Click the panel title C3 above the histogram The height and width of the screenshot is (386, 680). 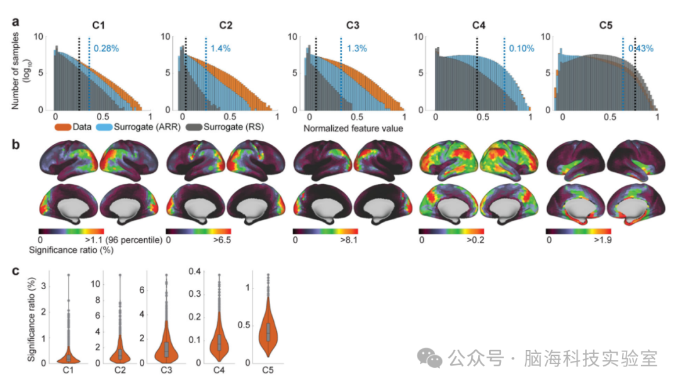point(353,26)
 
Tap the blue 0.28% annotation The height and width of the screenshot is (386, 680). point(106,48)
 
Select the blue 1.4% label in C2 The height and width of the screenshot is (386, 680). point(220,48)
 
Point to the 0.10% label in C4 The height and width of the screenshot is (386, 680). point(522,48)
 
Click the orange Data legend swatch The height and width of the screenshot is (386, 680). point(63,128)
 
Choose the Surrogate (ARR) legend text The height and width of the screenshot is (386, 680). point(147,127)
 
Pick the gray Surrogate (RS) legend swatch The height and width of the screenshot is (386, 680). point(194,128)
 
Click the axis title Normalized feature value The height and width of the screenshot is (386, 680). point(353,129)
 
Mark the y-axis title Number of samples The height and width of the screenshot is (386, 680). point(16,70)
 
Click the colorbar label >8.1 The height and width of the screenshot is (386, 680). point(348,240)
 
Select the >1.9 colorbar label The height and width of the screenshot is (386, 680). point(603,240)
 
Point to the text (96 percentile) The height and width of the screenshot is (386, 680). point(133,240)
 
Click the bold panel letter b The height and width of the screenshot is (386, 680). point(16,144)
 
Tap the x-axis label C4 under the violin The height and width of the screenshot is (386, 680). point(219,370)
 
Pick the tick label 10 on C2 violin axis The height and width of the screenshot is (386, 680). point(96,284)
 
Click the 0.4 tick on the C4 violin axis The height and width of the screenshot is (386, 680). point(195,271)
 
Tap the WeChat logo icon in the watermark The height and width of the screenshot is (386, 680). point(429,358)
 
